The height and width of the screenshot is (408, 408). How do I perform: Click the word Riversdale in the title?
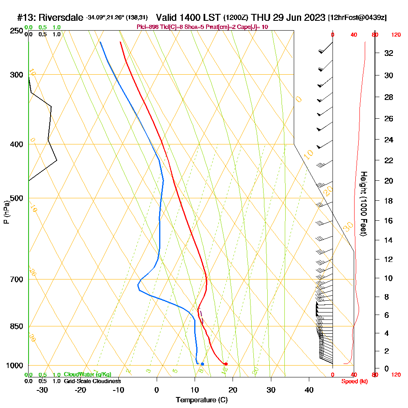coord(60,18)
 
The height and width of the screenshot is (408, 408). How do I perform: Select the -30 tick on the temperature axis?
coord(42,390)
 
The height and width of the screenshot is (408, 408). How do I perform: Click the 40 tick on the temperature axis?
coord(309,390)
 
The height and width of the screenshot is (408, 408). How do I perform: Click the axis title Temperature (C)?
coord(202,400)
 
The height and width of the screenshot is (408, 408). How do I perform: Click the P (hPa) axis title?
coord(6,212)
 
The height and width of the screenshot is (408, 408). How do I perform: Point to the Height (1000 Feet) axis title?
coord(363,203)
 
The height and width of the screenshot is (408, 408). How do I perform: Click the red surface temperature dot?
coord(226,364)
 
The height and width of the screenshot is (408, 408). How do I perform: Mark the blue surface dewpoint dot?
coord(202,364)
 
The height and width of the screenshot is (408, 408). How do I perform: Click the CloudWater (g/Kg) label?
coord(87,374)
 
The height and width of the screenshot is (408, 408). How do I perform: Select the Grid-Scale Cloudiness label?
coord(92,381)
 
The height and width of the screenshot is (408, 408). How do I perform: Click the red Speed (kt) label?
coord(353,381)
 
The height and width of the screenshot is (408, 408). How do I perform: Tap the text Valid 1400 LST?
coord(188,18)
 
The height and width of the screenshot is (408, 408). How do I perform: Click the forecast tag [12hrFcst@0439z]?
coord(357,18)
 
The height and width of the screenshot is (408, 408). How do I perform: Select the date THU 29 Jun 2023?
coord(288,18)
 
